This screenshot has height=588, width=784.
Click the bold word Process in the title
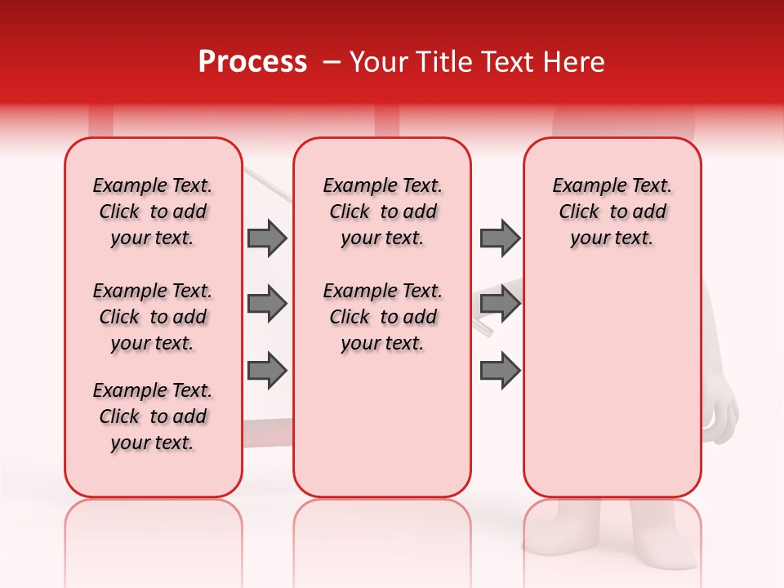(x=252, y=62)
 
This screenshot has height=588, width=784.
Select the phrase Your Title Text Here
(x=477, y=62)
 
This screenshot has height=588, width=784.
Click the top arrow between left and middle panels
(x=267, y=238)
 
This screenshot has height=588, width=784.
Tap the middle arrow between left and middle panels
(x=267, y=304)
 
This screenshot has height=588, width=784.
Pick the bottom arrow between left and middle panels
(x=267, y=370)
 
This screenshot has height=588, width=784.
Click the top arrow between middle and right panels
(x=500, y=238)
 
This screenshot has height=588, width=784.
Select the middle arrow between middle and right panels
(x=500, y=304)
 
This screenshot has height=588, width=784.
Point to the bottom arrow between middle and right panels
(x=500, y=370)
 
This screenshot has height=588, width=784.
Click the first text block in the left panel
(x=153, y=212)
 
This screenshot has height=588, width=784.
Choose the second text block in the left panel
(x=153, y=317)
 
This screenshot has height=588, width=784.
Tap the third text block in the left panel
(x=153, y=416)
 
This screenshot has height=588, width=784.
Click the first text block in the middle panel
(x=382, y=212)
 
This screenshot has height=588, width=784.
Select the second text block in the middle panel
(x=382, y=317)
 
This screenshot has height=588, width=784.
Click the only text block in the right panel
(x=612, y=212)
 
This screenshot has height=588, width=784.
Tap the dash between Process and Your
(x=331, y=62)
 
